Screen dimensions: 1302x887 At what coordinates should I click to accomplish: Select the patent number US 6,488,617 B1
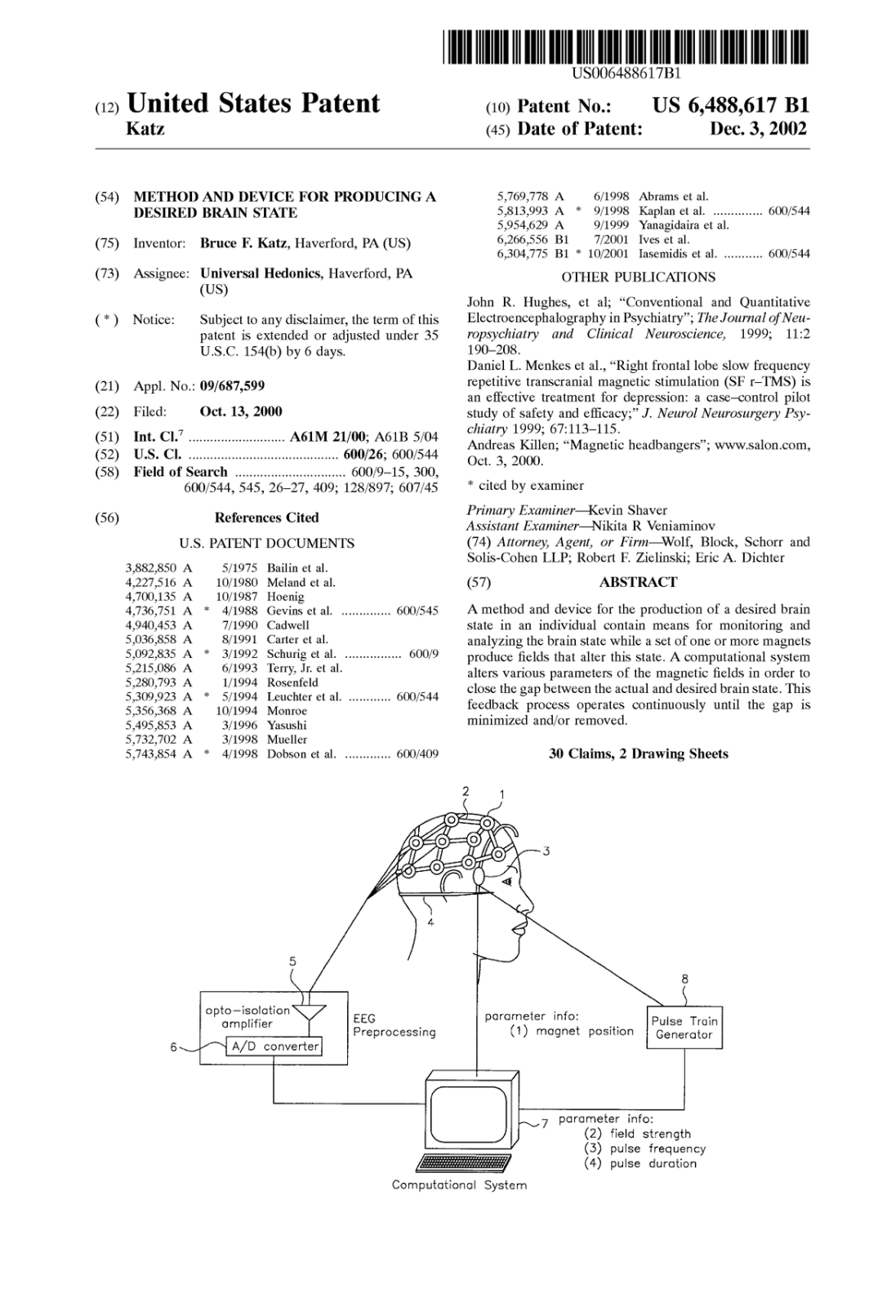click(x=731, y=105)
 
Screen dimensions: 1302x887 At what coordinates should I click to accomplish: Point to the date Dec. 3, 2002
click(x=759, y=129)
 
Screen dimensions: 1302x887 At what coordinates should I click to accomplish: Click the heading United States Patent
click(x=253, y=104)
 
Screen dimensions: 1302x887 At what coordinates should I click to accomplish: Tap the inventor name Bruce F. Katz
click(x=245, y=243)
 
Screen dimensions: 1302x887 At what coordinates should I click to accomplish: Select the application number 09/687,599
click(x=232, y=385)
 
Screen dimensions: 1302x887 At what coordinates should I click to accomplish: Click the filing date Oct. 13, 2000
click(x=241, y=411)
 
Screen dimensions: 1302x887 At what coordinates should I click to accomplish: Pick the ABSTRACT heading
click(x=638, y=582)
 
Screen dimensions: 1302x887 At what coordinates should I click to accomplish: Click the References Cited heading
click(x=266, y=518)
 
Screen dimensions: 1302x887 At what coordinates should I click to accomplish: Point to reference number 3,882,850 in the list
click(x=151, y=568)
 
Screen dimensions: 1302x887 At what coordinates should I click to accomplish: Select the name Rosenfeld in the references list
click(x=292, y=682)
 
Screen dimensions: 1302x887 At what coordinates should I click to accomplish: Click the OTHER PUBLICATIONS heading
click(x=638, y=277)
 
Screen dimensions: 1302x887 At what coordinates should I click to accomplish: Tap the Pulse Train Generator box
click(x=684, y=1027)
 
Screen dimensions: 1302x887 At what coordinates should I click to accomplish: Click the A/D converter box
click(x=274, y=1046)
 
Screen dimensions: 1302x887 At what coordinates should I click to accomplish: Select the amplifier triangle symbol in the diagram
click(x=309, y=1012)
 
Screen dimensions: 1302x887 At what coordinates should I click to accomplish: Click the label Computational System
click(x=459, y=1185)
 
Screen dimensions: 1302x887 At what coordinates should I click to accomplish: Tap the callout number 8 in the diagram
click(x=684, y=979)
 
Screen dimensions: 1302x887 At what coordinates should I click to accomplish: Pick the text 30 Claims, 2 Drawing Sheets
click(x=638, y=753)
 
